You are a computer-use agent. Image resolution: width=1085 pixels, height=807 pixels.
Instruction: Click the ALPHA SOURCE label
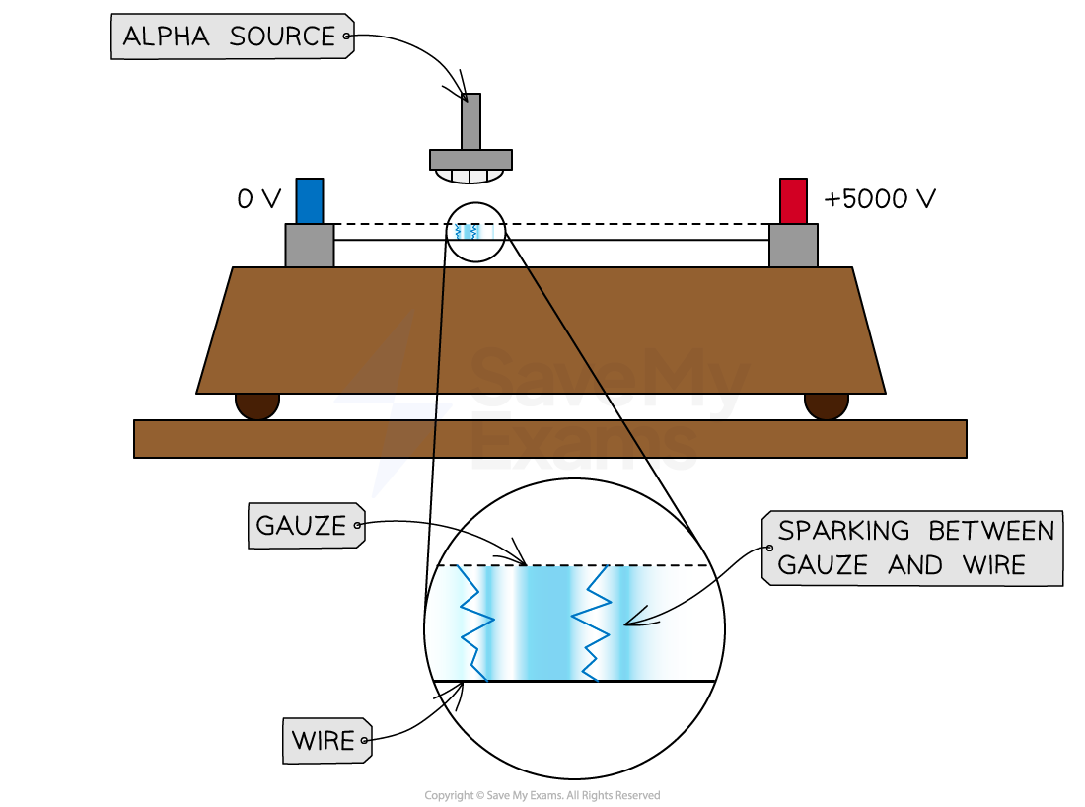pos(230,37)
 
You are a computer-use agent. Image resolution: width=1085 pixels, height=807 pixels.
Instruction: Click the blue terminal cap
pos(310,201)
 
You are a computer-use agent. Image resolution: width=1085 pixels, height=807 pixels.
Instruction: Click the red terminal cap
pos(793,201)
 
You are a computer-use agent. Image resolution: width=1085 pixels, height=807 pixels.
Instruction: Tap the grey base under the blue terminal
pos(310,246)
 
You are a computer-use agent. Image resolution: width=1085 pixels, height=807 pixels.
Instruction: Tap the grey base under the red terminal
pos(793,246)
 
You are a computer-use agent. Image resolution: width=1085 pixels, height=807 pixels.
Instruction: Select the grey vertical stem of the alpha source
pos(471,122)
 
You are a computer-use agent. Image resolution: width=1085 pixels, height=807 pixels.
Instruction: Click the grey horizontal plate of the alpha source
pos(471,160)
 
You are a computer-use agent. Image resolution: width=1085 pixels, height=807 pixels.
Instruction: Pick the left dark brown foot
pos(257,403)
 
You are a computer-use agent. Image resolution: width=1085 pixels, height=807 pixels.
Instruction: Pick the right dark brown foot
pos(827,403)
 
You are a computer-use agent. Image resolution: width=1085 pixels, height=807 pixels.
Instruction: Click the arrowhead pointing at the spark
pos(631,622)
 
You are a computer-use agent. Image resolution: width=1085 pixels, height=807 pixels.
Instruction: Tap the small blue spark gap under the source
pos(470,232)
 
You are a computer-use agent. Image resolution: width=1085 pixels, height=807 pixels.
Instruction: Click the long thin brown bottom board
pos(549,439)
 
